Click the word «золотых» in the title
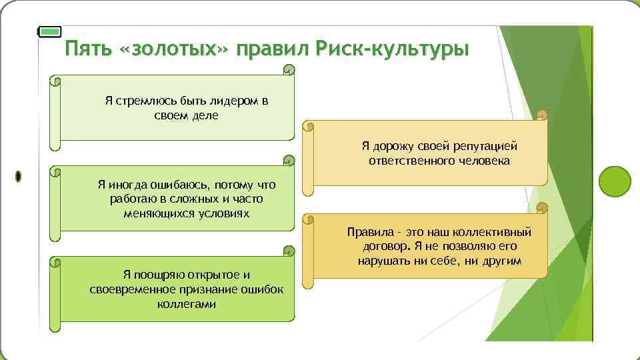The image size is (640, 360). [x=175, y=50]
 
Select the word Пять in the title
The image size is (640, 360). [x=91, y=50]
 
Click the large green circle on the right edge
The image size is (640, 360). [x=614, y=179]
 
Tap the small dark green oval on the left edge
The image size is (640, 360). [x=18, y=176]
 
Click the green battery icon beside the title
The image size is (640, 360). [x=50, y=31]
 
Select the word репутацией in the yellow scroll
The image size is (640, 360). [x=485, y=146]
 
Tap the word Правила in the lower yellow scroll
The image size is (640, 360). [x=367, y=233]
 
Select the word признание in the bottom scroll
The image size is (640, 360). [x=211, y=289]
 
